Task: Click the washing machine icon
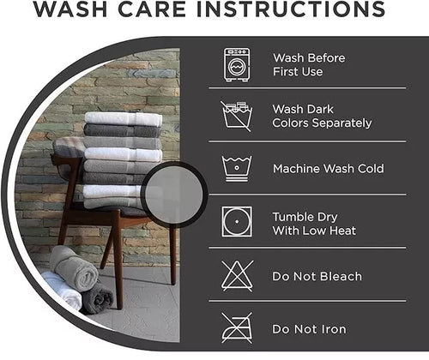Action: click(237, 65)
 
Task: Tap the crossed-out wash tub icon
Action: click(237, 116)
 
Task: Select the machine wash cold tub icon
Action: click(237, 169)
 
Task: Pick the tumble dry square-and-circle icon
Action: click(237, 222)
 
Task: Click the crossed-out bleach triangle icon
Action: click(237, 276)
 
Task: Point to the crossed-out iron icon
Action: click(237, 328)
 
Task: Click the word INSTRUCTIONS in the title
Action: click(291, 9)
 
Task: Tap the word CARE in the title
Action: click(152, 9)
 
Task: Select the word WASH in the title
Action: click(70, 9)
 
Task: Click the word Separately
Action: click(341, 123)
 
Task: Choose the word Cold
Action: click(371, 169)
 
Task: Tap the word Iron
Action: click(334, 329)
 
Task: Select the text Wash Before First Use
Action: click(309, 65)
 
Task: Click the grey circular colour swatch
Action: click(174, 195)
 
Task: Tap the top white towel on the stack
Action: click(124, 118)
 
